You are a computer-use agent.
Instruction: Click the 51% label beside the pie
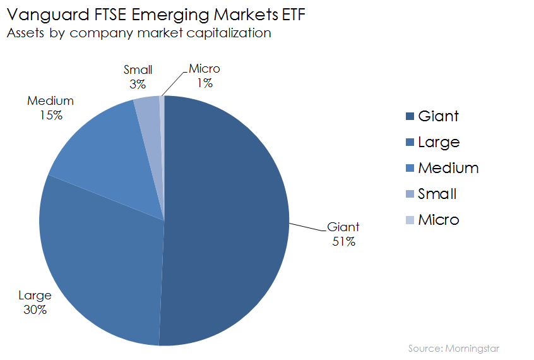point(343,241)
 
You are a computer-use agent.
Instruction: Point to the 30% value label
point(35,309)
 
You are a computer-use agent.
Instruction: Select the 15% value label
point(50,115)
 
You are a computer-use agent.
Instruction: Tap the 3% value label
point(138,83)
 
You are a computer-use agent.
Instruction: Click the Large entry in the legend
point(439,142)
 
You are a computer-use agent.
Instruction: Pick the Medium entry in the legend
point(448,168)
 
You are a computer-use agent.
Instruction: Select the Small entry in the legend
point(437,194)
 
